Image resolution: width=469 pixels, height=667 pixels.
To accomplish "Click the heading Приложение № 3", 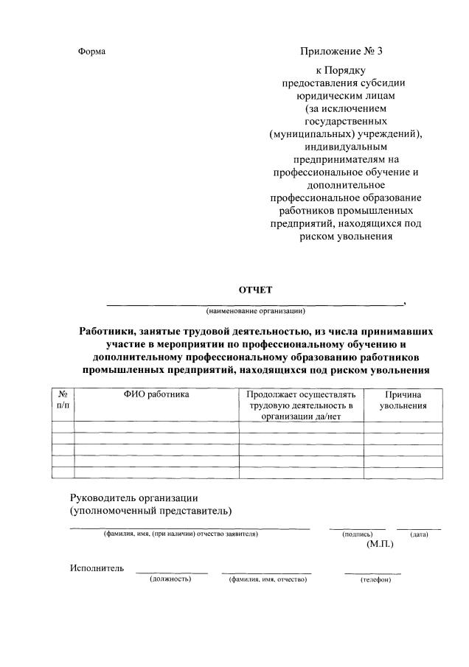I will (341, 52).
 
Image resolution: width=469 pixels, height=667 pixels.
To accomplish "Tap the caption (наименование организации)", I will (255, 310).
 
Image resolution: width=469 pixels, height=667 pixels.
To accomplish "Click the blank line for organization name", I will (255, 303).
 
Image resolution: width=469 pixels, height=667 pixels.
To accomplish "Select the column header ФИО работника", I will (156, 395).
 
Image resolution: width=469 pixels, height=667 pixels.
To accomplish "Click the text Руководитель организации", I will (134, 497).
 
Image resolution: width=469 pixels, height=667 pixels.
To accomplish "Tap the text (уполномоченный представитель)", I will (150, 510).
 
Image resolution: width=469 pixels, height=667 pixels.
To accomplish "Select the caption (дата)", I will (419, 534).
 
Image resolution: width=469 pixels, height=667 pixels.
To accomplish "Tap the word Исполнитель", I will (97, 568).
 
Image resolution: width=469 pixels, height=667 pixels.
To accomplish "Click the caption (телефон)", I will (375, 580).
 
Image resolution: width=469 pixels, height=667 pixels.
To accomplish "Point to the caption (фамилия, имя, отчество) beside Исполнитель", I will (267, 580).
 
